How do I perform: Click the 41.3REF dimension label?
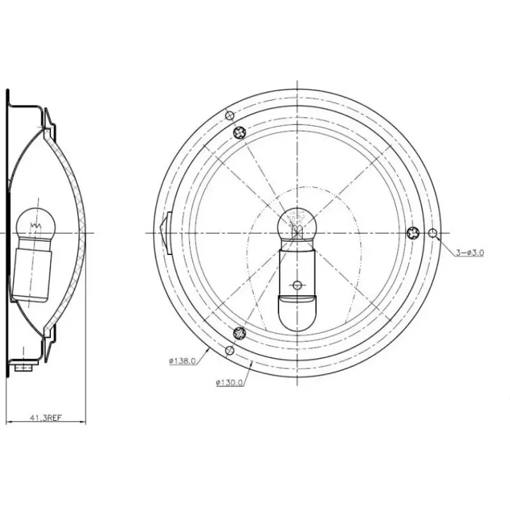coord(46,418)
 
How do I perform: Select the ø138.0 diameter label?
coord(182,361)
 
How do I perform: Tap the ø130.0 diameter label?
coord(229,383)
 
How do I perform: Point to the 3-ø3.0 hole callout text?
coord(470,252)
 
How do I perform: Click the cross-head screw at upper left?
coord(240,132)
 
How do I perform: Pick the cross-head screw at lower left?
coord(240,333)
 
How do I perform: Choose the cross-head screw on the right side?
coord(413,233)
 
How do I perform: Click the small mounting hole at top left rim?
coord(229,115)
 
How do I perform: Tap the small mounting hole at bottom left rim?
coord(229,350)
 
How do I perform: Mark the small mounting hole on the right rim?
coord(433,233)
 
